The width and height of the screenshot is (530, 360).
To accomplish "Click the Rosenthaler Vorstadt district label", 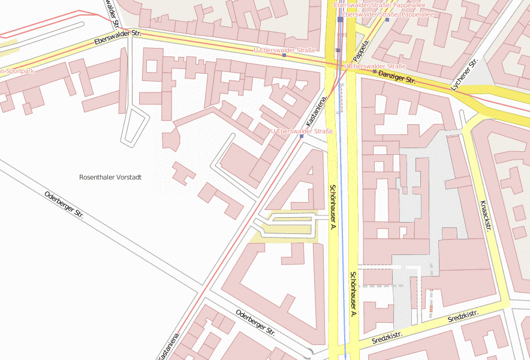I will point(110,178).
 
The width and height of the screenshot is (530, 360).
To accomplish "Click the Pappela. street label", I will point(360,50).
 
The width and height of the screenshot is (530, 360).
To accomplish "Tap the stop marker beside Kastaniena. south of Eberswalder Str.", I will point(302,136).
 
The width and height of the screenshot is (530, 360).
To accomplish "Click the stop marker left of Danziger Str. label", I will point(375,71).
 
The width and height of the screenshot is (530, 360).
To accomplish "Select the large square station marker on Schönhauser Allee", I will point(340,19).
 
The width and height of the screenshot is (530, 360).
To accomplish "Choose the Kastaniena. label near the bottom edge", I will point(168,346).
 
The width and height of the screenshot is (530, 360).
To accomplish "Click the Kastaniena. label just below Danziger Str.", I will point(316,110).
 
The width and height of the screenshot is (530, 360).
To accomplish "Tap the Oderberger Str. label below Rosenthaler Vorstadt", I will point(64,205).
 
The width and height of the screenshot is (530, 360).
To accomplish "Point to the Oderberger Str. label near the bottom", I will point(255,323).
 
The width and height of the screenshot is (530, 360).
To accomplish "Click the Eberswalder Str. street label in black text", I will point(118,38).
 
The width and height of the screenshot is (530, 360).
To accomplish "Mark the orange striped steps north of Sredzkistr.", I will point(430,308).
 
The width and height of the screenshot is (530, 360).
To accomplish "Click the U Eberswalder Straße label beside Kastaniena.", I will point(302,131).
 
